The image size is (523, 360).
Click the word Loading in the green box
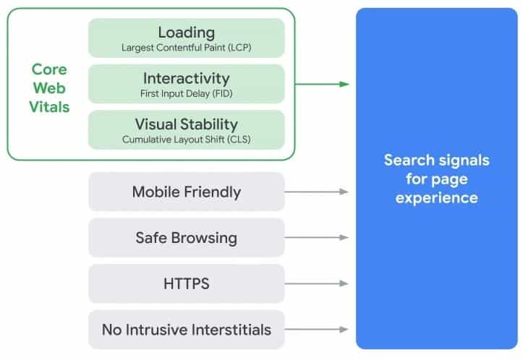pos(186,33)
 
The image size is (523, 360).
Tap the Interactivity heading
pos(186,78)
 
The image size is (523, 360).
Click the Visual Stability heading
pos(186,124)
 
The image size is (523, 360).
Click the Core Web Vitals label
pos(49,88)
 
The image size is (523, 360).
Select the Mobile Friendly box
pos(186,192)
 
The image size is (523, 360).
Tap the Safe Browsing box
pos(186,238)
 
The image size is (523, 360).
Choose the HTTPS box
pos(186,283)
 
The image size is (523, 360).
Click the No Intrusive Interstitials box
pos(186,330)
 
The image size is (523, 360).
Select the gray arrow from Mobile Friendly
pos(318,192)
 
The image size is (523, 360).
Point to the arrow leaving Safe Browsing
pos(318,238)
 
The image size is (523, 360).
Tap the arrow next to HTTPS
pos(318,283)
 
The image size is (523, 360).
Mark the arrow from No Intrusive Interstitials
pos(318,330)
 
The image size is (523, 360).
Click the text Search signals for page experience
pos(436,178)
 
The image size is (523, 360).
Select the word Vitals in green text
pos(49,107)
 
